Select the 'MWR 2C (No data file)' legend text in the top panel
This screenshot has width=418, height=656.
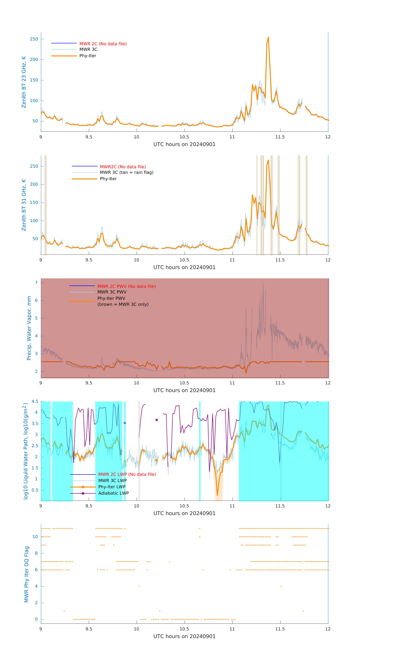click(103, 44)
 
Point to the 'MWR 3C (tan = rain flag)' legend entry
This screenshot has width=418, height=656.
click(127, 172)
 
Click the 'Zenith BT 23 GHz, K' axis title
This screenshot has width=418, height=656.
click(24, 82)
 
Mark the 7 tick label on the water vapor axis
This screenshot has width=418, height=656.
click(36, 283)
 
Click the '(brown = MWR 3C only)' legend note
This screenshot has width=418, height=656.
click(123, 304)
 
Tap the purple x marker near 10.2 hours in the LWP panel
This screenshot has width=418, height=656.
click(157, 420)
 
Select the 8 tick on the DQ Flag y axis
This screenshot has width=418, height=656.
click(36, 553)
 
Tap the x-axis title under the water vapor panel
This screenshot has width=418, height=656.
click(184, 390)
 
